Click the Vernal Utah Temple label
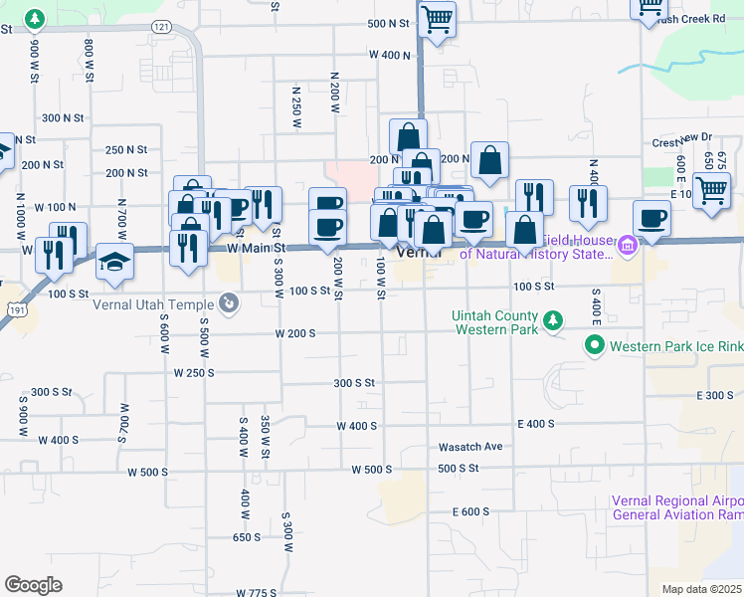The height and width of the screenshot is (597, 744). click(x=153, y=303)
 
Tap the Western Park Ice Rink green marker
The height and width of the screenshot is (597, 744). click(x=595, y=346)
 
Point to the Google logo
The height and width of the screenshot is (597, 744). click(x=33, y=585)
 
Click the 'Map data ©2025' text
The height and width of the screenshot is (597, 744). click(x=701, y=589)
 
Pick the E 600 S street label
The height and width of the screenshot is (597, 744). click(x=470, y=511)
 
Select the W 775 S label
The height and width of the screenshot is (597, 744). click(x=256, y=592)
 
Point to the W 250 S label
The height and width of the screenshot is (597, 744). click(x=194, y=372)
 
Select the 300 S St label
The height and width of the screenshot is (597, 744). click(x=354, y=382)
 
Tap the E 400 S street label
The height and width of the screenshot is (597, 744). click(x=535, y=424)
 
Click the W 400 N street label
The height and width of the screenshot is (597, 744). click(x=389, y=55)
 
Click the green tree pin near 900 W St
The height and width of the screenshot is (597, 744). click(x=35, y=18)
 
